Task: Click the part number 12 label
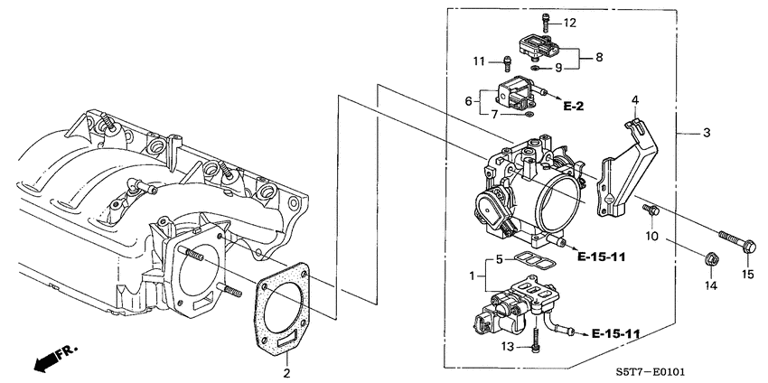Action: [569, 23]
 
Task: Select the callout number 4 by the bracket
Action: [635, 99]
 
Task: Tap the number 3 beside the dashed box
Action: [707, 133]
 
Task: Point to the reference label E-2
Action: [573, 107]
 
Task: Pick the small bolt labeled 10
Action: [650, 210]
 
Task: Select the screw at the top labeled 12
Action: [546, 21]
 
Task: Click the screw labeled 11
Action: [508, 63]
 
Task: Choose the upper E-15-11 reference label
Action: [601, 257]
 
